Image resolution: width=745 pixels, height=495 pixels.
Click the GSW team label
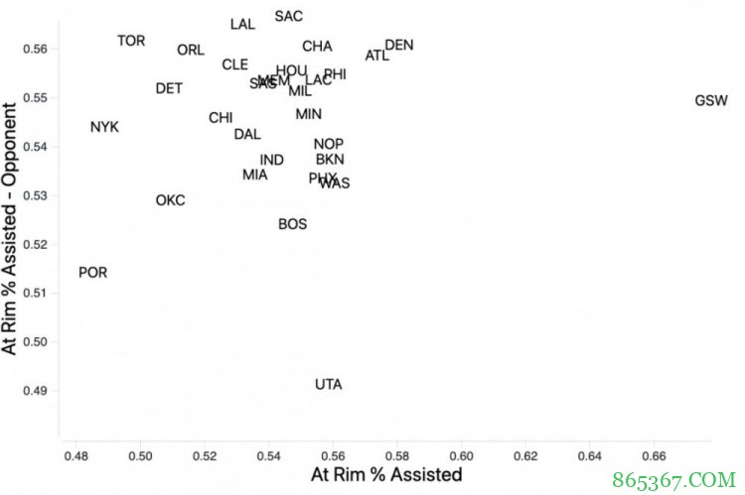pos(711,101)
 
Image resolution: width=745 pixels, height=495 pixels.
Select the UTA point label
pos(329,385)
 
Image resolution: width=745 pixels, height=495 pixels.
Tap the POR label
pos(93,273)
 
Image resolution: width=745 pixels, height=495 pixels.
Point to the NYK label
pos(104,128)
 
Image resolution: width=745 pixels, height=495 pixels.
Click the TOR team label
pos(131,42)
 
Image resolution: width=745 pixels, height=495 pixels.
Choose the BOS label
pos(292,225)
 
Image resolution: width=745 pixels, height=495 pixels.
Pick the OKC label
pos(170,201)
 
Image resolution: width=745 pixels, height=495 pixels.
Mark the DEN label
pos(399,46)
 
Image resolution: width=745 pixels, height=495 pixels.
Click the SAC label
pos(289,17)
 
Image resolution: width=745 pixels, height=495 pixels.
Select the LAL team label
pos(242,25)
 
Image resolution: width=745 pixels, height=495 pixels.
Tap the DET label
pos(169,89)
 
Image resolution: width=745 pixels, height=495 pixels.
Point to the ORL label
pos(191,51)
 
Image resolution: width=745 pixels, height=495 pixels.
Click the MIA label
pos(255,176)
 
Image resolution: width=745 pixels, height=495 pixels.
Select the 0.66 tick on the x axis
pos(655,457)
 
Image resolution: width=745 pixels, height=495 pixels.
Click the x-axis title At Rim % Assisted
pos(386,475)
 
